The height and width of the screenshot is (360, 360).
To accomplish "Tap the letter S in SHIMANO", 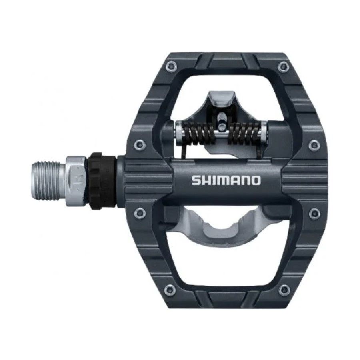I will coord(196,180).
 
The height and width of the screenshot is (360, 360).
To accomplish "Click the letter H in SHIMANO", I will coord(205,180).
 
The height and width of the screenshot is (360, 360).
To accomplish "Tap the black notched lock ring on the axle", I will coord(103,181).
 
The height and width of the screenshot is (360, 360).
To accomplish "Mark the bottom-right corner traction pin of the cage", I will coord(284,288).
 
